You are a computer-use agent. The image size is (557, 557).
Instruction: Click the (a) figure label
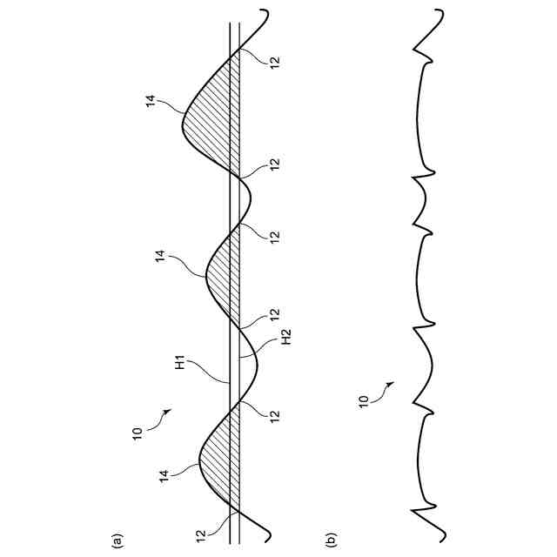[x=116, y=540]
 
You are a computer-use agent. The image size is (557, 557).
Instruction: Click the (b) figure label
[x=332, y=540]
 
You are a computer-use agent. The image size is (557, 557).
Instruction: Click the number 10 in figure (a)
[x=137, y=433]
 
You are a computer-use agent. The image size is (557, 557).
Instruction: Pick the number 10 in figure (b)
[x=362, y=402]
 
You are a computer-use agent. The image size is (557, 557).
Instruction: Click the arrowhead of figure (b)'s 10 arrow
[x=393, y=382]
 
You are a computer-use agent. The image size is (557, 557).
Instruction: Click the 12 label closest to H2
[x=274, y=312]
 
